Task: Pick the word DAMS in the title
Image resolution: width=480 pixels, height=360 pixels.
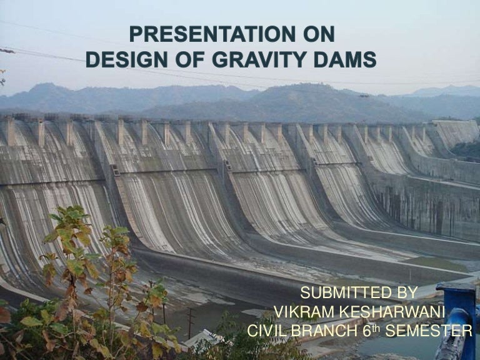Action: point(343,60)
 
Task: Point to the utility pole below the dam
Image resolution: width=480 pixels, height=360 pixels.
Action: point(190,322)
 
